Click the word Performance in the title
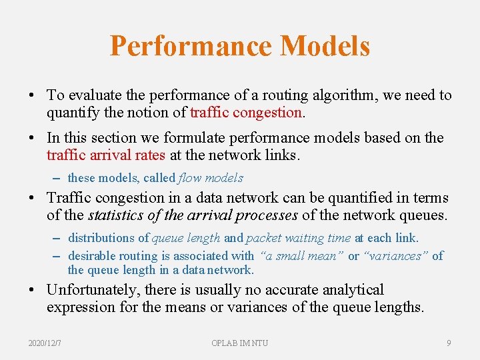191,46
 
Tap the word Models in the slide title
325,46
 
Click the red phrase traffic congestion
246,113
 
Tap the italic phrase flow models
211,178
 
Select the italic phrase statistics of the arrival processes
193,215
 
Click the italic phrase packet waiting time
298,238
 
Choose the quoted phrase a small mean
301,256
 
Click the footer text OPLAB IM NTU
239,343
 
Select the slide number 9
449,343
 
